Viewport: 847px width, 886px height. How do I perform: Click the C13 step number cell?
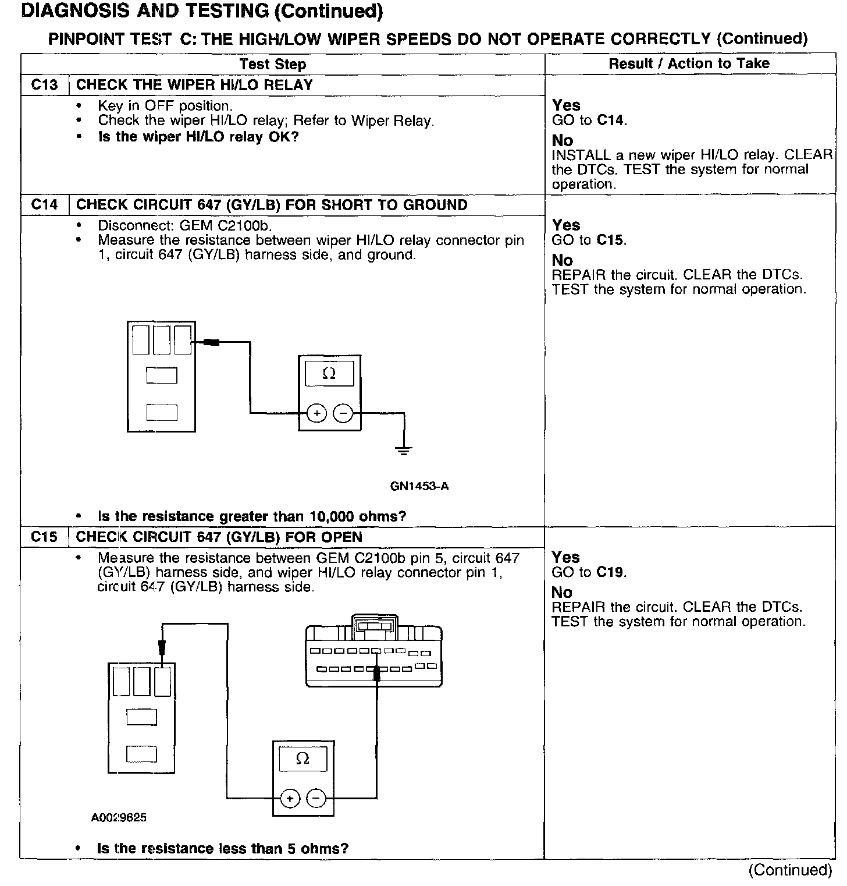tap(45, 85)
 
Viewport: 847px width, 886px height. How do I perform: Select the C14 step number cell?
tap(45, 205)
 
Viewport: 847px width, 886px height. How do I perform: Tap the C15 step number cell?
tap(45, 537)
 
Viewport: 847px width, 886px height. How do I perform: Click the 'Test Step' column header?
tap(273, 64)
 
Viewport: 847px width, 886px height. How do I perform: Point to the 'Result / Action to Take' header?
tap(689, 63)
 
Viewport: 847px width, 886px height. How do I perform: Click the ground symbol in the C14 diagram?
tap(404, 451)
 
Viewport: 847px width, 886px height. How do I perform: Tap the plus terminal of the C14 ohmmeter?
tap(316, 413)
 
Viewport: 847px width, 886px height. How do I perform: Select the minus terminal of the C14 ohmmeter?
tap(343, 413)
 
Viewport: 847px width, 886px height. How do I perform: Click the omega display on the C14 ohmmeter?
tap(329, 374)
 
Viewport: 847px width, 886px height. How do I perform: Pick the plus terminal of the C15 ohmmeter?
tap(290, 798)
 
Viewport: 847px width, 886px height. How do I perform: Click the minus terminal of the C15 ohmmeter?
tap(316, 798)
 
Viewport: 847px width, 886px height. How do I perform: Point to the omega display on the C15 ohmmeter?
tap(302, 759)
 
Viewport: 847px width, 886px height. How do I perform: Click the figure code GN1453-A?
tap(419, 486)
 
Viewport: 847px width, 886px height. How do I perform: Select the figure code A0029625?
tap(119, 818)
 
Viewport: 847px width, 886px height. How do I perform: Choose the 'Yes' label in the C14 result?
tap(566, 225)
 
